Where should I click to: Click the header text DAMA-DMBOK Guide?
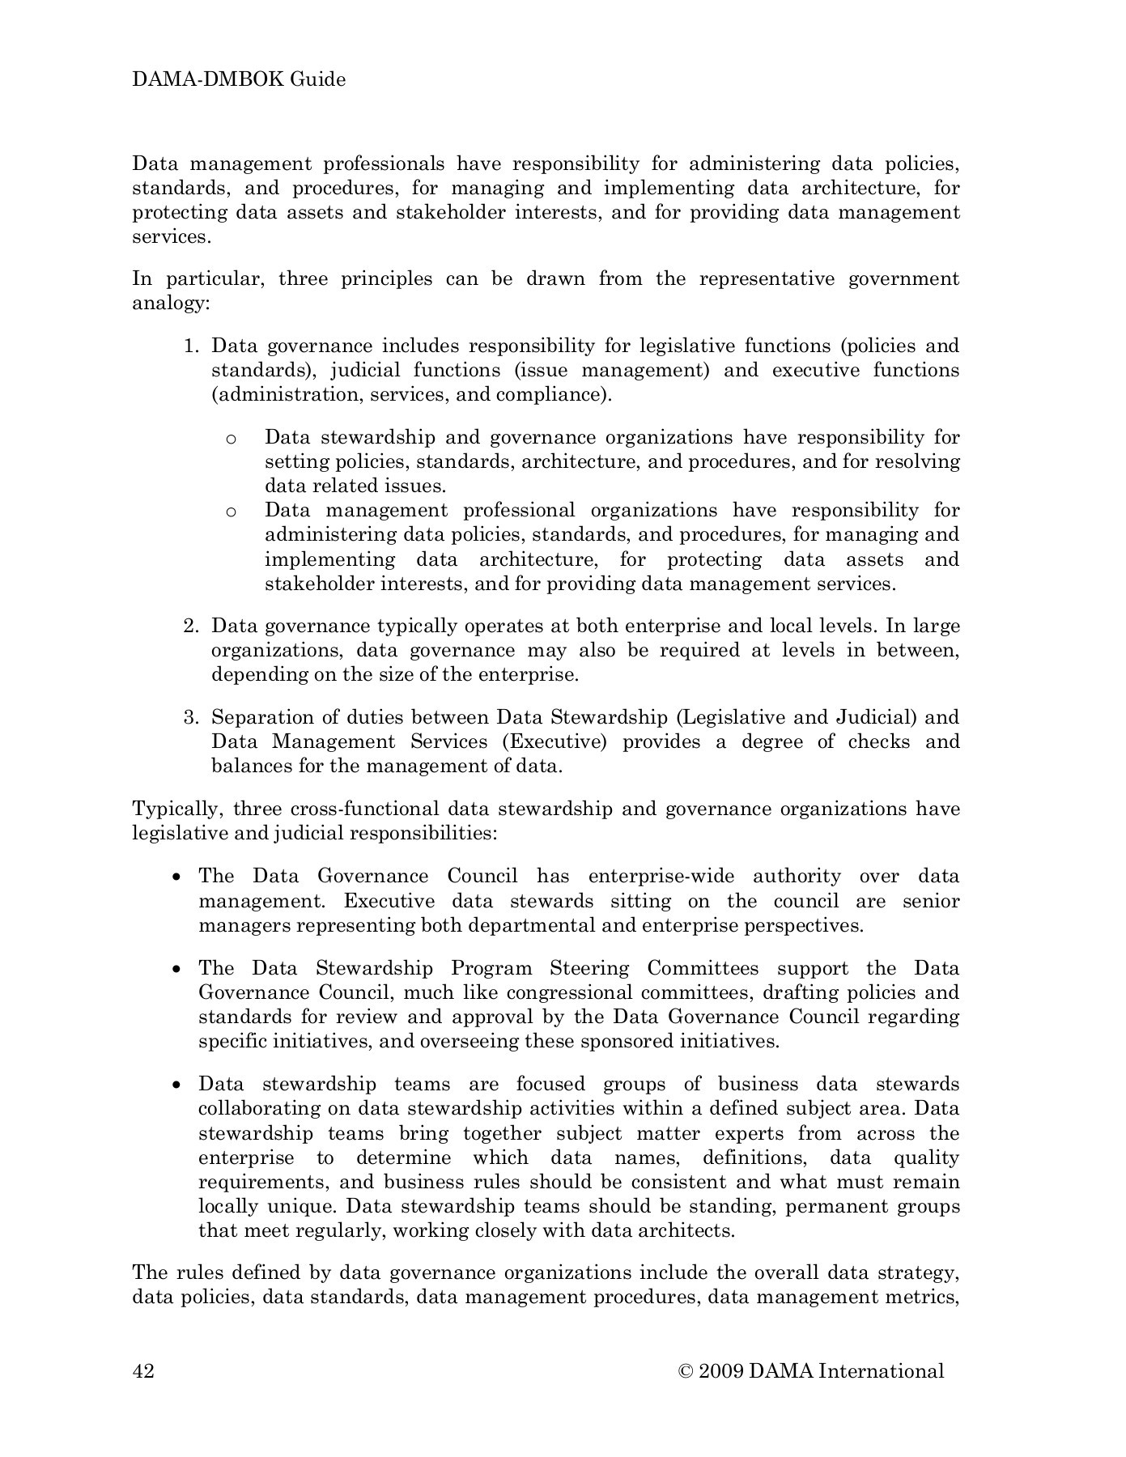pos(239,79)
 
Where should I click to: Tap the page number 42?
pos(143,1370)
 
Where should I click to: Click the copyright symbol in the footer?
pos(686,1370)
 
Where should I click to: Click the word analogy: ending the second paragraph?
pos(171,304)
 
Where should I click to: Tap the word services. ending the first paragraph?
pos(171,237)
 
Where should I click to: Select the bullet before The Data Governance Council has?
pos(177,877)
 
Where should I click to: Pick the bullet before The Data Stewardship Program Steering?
pos(177,970)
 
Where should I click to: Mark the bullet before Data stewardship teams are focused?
pos(177,1085)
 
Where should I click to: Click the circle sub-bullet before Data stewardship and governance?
pos(231,439)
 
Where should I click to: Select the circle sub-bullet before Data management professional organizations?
pos(231,512)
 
